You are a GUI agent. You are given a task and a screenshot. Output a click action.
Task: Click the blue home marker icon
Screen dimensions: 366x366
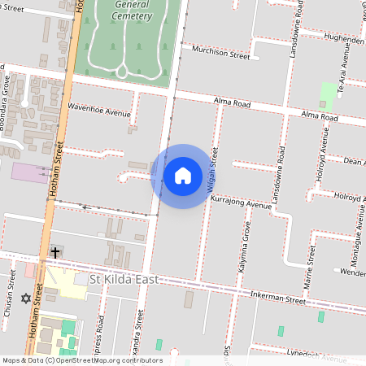click(183, 176)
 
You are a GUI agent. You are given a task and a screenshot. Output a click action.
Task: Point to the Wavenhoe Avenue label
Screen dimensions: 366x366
click(99, 110)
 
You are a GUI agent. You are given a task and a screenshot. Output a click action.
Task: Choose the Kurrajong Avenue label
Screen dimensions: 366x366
click(240, 203)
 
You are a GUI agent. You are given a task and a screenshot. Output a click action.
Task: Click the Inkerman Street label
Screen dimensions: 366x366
click(277, 299)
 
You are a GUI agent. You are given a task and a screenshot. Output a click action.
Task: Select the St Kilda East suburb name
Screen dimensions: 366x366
click(122, 281)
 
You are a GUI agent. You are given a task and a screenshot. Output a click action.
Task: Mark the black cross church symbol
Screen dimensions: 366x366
click(55, 253)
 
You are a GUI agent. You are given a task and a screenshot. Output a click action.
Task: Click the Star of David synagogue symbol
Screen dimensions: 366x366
click(25, 298)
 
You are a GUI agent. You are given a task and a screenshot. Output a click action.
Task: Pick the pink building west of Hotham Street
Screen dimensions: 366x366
click(29, 172)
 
